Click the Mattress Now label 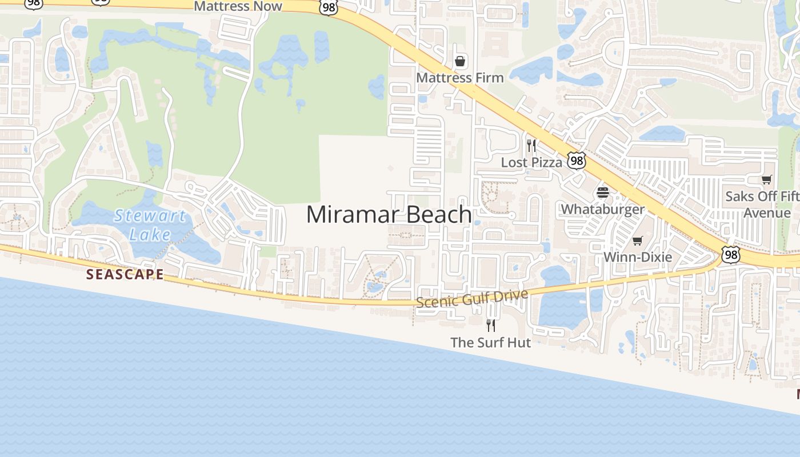point(238,6)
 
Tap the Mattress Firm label point(460,78)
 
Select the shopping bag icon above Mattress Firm point(460,61)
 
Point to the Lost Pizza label point(531,162)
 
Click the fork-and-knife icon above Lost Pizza point(531,145)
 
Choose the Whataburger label point(602,209)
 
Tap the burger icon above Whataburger point(603,192)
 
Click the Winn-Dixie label point(638,257)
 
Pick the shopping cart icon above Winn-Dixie point(638,240)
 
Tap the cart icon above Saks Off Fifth point(767,180)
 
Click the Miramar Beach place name point(389,215)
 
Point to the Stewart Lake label point(150,225)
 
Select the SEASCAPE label point(125,274)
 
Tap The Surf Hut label point(490,343)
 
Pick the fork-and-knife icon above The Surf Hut point(490,326)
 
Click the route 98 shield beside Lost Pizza point(577,161)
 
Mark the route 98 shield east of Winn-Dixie point(730,254)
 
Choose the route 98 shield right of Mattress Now point(329,7)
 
